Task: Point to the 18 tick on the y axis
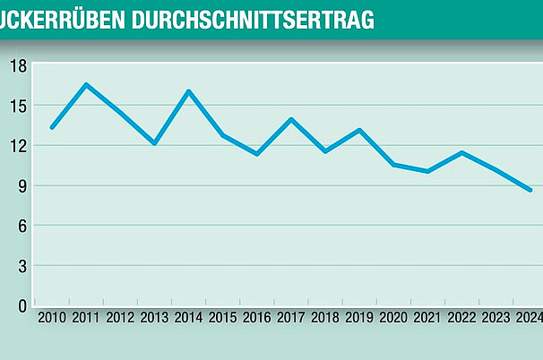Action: pyautogui.click(x=18, y=65)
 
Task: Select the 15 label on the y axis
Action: pyautogui.click(x=18, y=106)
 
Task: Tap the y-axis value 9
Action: pyautogui.click(x=22, y=185)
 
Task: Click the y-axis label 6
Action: pyautogui.click(x=22, y=226)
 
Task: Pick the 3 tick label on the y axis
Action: pyautogui.click(x=22, y=266)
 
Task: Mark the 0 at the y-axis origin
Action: pyautogui.click(x=22, y=306)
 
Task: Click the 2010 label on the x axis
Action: pyautogui.click(x=52, y=318)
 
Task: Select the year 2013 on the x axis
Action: pyautogui.click(x=154, y=318)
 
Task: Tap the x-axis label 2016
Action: pyautogui.click(x=256, y=318)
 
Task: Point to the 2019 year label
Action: pyautogui.click(x=358, y=318)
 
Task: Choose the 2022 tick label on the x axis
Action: pyautogui.click(x=461, y=318)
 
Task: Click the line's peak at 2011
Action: pyautogui.click(x=86, y=85)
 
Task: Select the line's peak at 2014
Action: pyautogui.click(x=188, y=91)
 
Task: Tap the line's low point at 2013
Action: pyautogui.click(x=154, y=143)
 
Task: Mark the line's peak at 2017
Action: pyautogui.click(x=290, y=119)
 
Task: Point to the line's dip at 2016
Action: pyautogui.click(x=256, y=154)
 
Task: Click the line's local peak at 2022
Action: pyautogui.click(x=461, y=152)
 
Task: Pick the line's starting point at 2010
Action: pyautogui.click(x=52, y=127)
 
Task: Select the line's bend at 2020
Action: pyautogui.click(x=392, y=165)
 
